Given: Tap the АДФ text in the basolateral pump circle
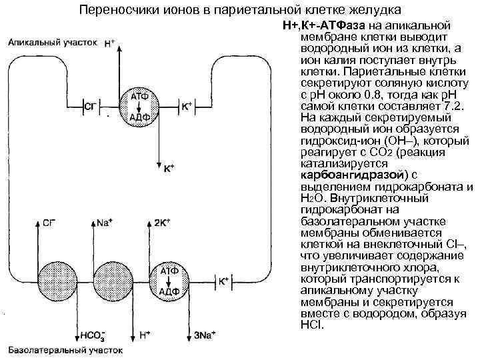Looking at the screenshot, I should [169, 291].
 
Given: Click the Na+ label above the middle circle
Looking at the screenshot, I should [103, 223].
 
